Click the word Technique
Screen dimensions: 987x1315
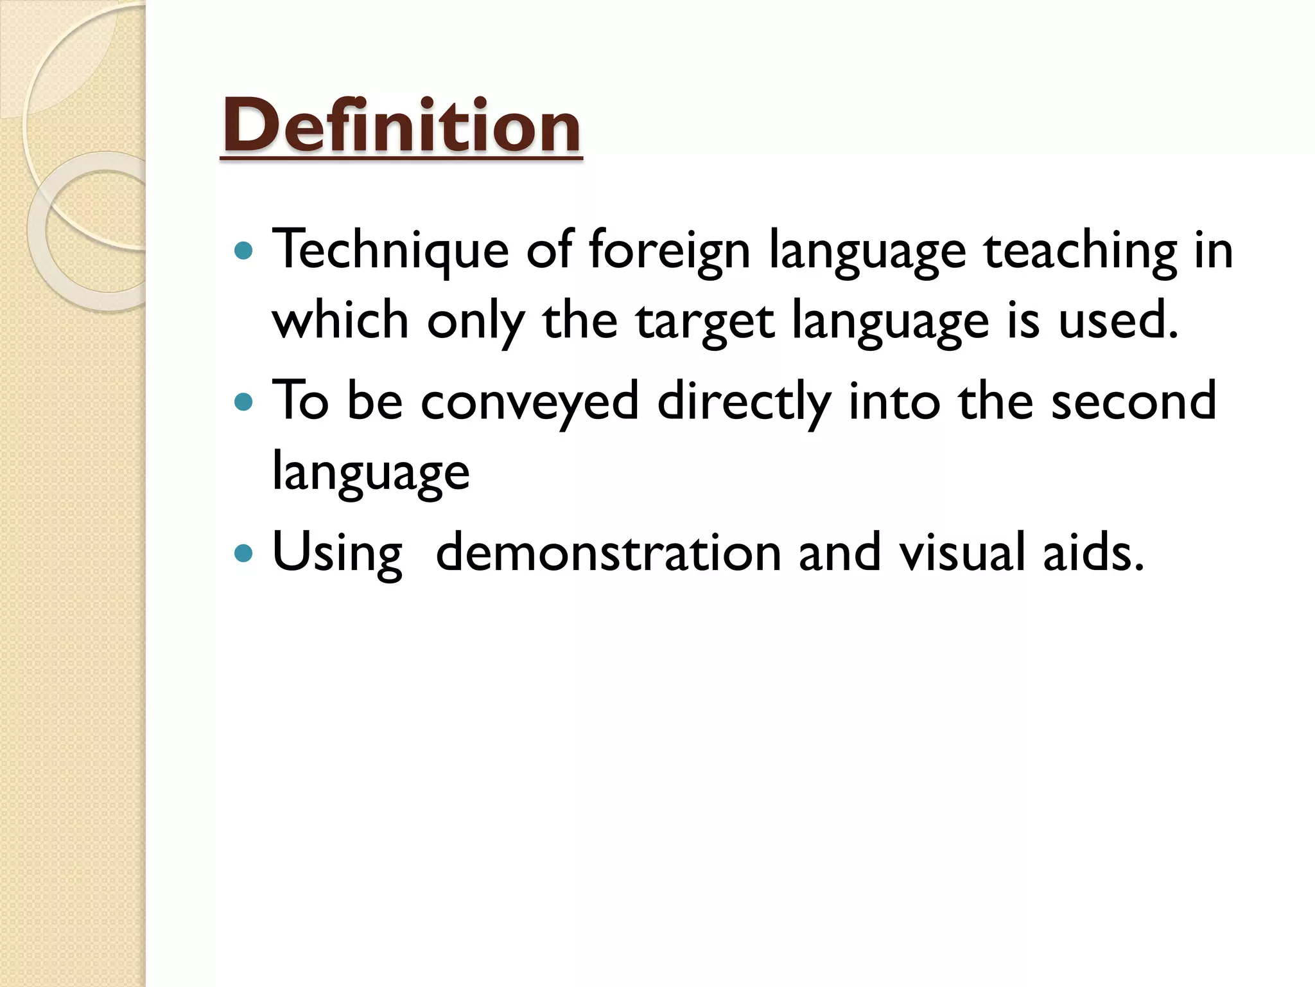(390, 251)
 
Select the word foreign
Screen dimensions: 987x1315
(669, 251)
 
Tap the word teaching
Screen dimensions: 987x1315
(1081, 251)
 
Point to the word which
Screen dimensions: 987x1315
(340, 321)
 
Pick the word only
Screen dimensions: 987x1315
(476, 321)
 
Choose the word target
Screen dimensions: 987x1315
(705, 321)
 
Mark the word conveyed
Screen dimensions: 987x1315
(530, 402)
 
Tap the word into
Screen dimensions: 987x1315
(894, 402)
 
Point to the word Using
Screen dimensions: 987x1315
(338, 553)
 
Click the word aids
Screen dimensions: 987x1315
(1093, 553)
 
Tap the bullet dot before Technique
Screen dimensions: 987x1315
(244, 251)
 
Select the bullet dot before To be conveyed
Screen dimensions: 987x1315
(244, 402)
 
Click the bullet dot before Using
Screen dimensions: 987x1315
(244, 553)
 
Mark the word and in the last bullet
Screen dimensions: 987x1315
(839, 553)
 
